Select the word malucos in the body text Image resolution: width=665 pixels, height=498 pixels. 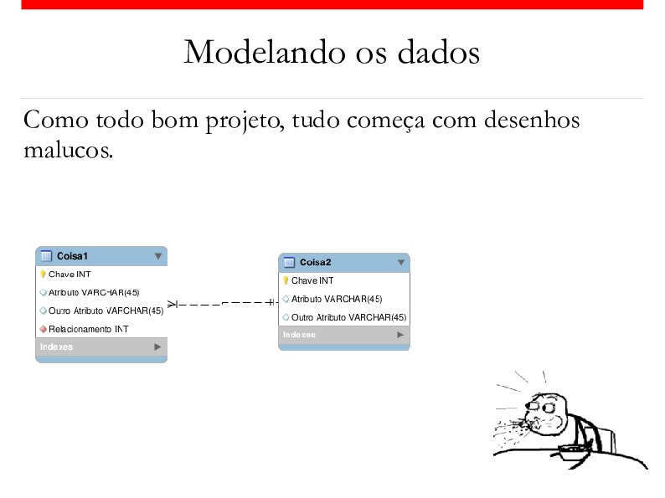(69, 150)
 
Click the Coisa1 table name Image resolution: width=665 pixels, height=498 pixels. (72, 256)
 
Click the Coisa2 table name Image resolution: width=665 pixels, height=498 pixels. (315, 262)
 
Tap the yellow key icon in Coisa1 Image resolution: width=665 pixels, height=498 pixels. (43, 275)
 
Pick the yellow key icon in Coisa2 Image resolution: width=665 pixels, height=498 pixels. (286, 280)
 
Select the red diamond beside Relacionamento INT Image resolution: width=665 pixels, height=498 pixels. (43, 329)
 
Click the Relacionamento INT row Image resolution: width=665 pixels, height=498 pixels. (88, 329)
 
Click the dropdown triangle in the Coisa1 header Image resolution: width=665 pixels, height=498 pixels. (158, 256)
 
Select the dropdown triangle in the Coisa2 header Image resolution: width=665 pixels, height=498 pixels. (401, 263)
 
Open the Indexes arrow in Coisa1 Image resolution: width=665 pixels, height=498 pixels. (157, 347)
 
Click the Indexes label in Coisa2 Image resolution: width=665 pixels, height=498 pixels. (299, 335)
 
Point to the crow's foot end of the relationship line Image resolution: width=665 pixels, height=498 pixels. (172, 304)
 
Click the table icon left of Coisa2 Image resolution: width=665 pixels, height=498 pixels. (289, 262)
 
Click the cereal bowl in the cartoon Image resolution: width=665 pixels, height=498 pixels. (571, 452)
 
